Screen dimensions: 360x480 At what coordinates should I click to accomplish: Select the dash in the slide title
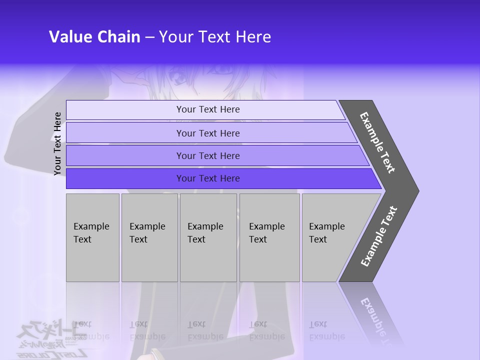149,37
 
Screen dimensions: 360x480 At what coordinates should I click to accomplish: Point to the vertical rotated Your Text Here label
57,143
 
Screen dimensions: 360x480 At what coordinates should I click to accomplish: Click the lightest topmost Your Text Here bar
207,109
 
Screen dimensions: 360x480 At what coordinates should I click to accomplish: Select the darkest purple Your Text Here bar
207,178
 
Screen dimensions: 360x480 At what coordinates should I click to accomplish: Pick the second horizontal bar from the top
207,133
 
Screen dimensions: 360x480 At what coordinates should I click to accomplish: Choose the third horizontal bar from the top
207,156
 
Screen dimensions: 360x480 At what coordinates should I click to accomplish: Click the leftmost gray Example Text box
92,237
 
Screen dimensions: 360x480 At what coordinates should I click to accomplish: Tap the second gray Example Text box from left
149,237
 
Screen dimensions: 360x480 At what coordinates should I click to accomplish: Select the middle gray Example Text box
208,237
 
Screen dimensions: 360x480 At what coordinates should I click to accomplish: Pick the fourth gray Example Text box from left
269,237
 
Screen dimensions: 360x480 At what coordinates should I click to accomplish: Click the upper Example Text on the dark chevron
377,142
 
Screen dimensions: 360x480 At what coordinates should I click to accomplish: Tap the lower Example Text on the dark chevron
379,236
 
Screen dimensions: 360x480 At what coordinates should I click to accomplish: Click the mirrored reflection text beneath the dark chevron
377,320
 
